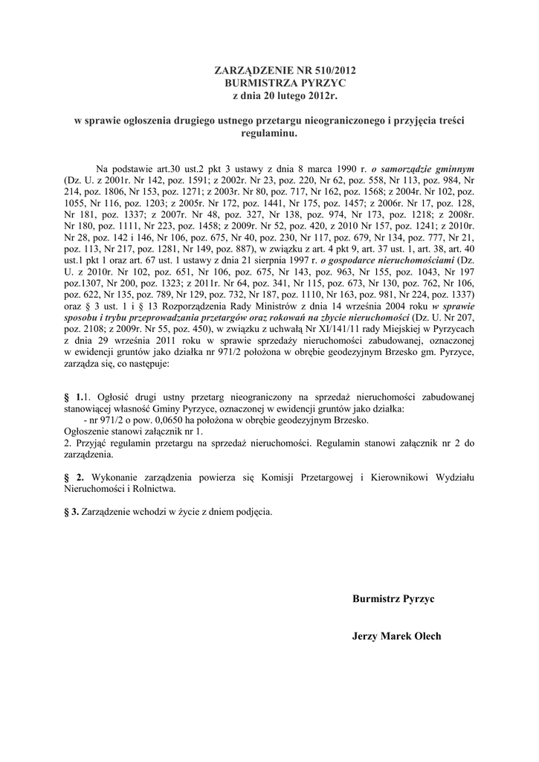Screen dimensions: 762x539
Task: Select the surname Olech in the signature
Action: click(x=426, y=636)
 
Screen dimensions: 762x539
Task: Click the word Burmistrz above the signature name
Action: click(x=376, y=598)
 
